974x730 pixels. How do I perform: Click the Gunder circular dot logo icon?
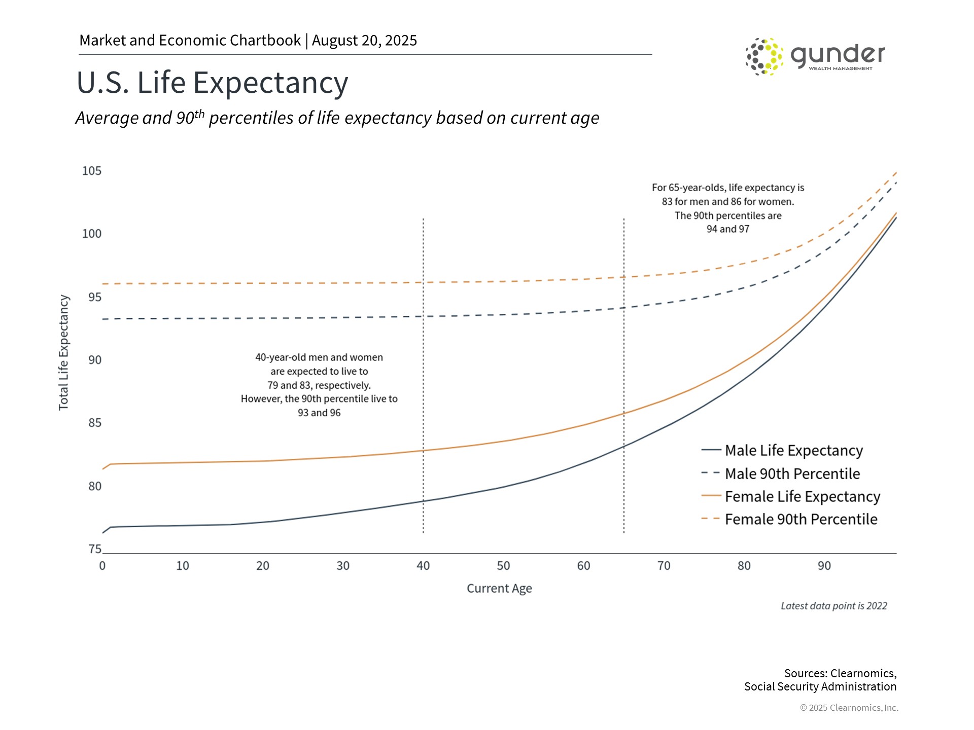point(764,56)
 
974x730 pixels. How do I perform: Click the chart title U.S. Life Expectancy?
point(212,83)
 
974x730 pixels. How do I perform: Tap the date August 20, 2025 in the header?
point(364,41)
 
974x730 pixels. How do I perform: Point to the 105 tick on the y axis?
point(92,171)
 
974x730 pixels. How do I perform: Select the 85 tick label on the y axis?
point(95,423)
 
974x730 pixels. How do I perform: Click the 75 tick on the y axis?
point(95,549)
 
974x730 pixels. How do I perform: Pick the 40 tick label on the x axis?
point(423,566)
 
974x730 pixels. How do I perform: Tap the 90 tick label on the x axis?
point(824,566)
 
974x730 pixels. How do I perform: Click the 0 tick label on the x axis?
point(102,566)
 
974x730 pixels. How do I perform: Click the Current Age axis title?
point(499,589)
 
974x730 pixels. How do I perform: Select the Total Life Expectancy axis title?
point(63,352)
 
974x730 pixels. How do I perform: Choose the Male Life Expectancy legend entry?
point(793,450)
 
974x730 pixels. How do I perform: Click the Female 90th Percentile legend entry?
point(801,519)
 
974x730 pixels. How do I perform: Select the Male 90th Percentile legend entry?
point(792,473)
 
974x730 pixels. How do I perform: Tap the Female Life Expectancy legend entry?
point(802,496)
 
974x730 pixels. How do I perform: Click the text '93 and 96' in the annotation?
point(319,413)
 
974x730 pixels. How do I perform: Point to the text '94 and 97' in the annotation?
point(727,229)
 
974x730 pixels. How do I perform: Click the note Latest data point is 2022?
point(833,606)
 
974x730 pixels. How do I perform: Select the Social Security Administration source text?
point(820,686)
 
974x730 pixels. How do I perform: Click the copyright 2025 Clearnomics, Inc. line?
point(849,708)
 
